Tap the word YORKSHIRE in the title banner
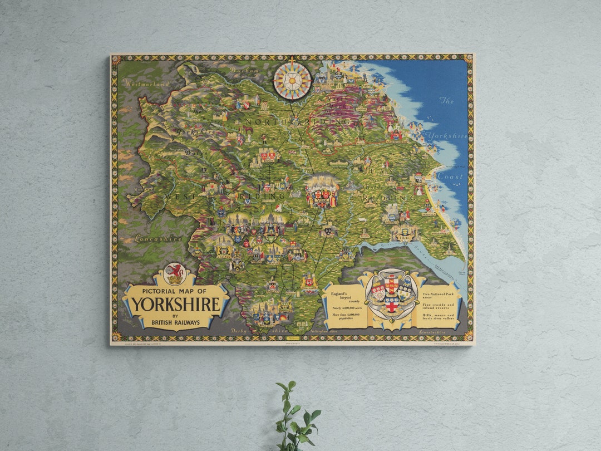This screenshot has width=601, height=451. [x=175, y=305]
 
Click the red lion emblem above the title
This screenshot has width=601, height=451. [x=175, y=273]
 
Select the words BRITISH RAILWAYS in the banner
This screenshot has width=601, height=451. [x=175, y=322]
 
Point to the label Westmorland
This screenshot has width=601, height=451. [x=147, y=84]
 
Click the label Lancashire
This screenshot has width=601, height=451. [x=158, y=238]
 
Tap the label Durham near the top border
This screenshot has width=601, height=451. [x=245, y=71]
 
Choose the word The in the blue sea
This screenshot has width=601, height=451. [x=447, y=101]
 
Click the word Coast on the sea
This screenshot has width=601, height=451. [x=450, y=177]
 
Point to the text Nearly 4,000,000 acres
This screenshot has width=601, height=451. [x=344, y=307]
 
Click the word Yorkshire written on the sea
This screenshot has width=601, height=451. [x=448, y=136]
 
